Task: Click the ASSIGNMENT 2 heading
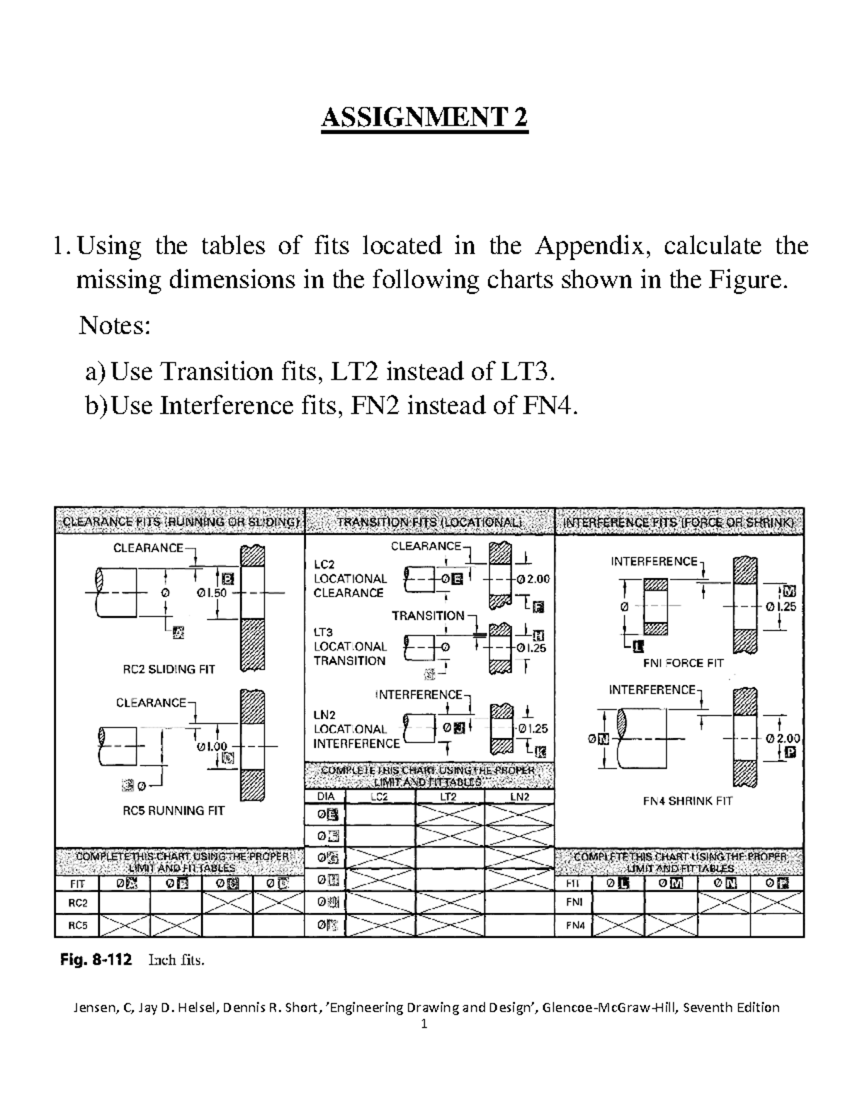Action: [x=424, y=117]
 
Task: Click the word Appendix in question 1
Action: [x=590, y=246]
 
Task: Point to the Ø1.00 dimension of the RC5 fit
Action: [x=212, y=746]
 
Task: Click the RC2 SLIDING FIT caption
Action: [x=169, y=669]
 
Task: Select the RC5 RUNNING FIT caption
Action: [x=173, y=810]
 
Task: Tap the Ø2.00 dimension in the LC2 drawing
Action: [x=533, y=579]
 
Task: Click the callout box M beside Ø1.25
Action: [x=789, y=591]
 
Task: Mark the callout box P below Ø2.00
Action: [x=790, y=754]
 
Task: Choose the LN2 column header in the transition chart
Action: [x=519, y=797]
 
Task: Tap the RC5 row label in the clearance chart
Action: [x=77, y=925]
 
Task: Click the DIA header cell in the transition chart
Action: [x=325, y=797]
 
